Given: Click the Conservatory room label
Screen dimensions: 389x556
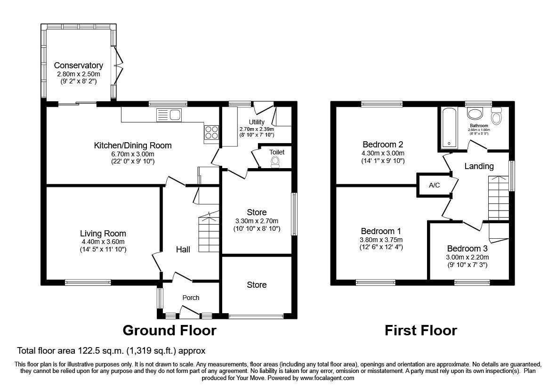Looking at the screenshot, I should (x=78, y=65).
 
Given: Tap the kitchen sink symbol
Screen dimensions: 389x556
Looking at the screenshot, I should (x=169, y=114).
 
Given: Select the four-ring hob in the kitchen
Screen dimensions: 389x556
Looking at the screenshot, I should (x=211, y=132).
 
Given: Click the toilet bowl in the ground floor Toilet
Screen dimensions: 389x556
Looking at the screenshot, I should (x=276, y=162).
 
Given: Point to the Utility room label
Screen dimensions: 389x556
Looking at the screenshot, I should (x=257, y=122).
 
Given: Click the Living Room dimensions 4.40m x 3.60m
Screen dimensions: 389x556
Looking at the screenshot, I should (x=103, y=242).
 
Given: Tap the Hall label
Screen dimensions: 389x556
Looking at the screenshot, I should (x=183, y=250).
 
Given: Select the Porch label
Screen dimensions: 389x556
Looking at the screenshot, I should (x=191, y=298).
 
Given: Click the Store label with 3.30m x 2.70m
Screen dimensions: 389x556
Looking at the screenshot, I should (x=257, y=212).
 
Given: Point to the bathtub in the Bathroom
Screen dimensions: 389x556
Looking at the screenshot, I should (x=449, y=127).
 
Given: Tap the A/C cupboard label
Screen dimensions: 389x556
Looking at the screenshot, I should (x=434, y=185).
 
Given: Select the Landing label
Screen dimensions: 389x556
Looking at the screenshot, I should (x=479, y=166).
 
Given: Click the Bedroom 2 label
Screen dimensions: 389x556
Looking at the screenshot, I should (x=382, y=145).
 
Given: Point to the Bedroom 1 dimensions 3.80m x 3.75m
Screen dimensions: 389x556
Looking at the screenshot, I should (x=381, y=239).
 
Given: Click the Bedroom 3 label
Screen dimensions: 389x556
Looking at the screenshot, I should (x=467, y=249).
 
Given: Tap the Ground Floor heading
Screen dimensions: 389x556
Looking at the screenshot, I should (x=169, y=331).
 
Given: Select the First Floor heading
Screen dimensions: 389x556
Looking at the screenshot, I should (x=420, y=331).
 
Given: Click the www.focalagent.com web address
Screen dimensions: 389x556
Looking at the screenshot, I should (x=327, y=378).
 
